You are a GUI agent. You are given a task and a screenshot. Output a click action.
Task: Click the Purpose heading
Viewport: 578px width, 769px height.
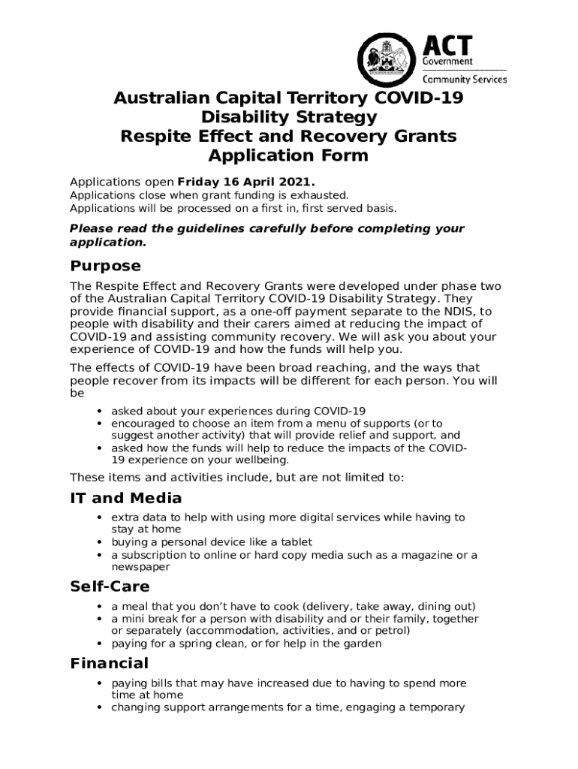coord(105,266)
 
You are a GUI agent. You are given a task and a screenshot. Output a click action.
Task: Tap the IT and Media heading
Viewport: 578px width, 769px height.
coord(125,498)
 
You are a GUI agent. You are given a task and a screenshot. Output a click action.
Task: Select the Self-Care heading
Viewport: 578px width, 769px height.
coord(110,587)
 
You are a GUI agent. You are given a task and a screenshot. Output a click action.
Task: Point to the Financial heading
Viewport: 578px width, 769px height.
coord(109,663)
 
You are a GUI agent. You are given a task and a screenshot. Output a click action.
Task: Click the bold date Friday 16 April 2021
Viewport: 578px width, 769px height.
coord(246,182)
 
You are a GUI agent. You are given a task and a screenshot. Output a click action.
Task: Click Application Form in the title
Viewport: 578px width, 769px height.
coord(288,155)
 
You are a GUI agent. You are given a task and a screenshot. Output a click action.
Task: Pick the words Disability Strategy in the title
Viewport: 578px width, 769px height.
coord(288,117)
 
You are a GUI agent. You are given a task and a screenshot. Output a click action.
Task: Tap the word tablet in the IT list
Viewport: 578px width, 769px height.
coord(295,542)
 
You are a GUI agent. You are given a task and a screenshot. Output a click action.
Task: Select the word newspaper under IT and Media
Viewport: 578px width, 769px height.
coord(140,568)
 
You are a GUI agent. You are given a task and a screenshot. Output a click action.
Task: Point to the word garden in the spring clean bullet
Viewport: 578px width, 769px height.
coord(363,644)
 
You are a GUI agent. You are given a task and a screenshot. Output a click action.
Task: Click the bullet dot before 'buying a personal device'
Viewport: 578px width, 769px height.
coord(100,542)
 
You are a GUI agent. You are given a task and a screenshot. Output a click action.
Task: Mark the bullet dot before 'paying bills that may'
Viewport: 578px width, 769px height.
coord(100,683)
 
